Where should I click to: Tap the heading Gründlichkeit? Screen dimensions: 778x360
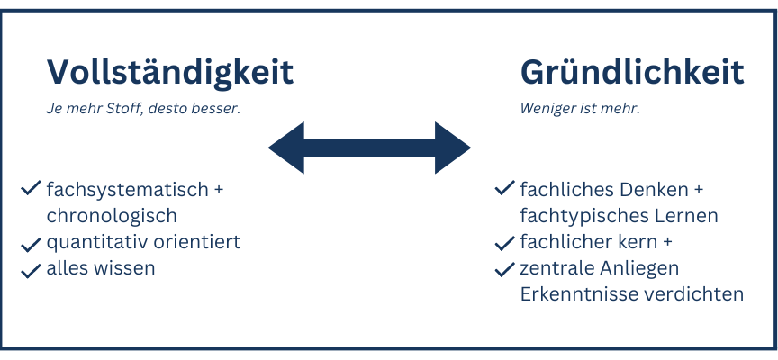(632, 72)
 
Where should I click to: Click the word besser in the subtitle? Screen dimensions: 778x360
(220, 109)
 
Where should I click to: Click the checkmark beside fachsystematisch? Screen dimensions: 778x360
(31, 188)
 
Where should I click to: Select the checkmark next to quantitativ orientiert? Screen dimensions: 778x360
(31, 244)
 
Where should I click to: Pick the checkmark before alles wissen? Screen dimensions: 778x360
(31, 270)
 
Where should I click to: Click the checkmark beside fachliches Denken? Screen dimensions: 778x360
(504, 188)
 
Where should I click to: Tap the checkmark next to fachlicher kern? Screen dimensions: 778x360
(504, 243)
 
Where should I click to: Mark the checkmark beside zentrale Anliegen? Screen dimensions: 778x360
(504, 269)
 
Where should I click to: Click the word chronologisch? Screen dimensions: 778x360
(112, 216)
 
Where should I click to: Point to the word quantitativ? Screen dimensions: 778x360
(96, 242)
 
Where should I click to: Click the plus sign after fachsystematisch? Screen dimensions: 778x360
(219, 190)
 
